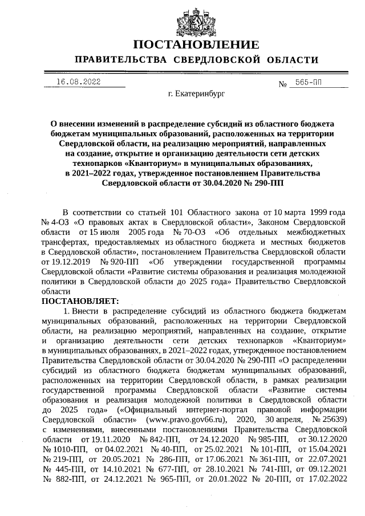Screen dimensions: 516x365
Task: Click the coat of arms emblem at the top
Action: pos(196,19)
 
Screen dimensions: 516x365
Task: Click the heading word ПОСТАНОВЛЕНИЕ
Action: pos(196,44)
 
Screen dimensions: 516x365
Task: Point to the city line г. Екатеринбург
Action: pos(196,94)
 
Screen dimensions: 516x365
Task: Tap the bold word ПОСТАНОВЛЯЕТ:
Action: pos(79,300)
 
